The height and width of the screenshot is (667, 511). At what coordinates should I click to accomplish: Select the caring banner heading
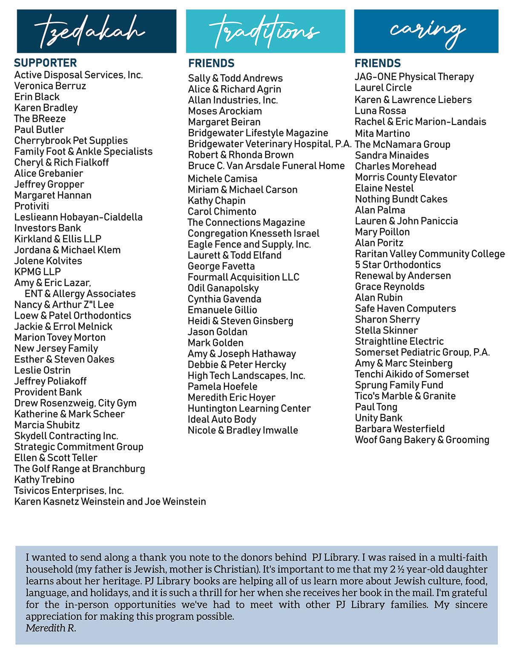coord(426,31)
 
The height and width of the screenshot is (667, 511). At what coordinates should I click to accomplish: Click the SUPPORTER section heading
coord(46,63)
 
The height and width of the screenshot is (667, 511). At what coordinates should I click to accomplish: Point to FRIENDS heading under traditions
coord(211,63)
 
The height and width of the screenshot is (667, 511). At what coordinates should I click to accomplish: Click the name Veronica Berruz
coord(50,86)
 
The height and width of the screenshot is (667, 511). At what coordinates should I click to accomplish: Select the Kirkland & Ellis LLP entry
coord(58,239)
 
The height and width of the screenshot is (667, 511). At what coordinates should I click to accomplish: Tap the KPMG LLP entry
coord(37,272)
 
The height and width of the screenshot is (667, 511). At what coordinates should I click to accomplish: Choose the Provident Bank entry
coord(48,392)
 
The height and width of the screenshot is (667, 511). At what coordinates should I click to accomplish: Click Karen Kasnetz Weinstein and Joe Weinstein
coord(110,502)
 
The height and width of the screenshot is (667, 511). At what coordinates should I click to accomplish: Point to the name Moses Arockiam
coord(225,111)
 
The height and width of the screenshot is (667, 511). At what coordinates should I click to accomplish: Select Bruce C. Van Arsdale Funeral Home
coord(266,166)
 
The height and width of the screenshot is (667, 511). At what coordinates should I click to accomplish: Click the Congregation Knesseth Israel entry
coord(253,233)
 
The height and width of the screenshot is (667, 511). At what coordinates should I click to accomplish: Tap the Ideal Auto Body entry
coord(222,419)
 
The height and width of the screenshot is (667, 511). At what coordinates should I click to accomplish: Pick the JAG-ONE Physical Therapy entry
coord(414,77)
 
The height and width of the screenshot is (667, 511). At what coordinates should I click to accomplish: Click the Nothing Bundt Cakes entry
coord(401,199)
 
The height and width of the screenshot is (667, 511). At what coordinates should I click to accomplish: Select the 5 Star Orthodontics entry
coord(398,265)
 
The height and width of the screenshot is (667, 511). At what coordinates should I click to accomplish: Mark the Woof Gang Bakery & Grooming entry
coord(422,440)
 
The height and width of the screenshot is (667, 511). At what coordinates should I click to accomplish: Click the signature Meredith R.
coord(51,628)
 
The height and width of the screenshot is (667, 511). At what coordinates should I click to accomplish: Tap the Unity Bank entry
coord(379,418)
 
